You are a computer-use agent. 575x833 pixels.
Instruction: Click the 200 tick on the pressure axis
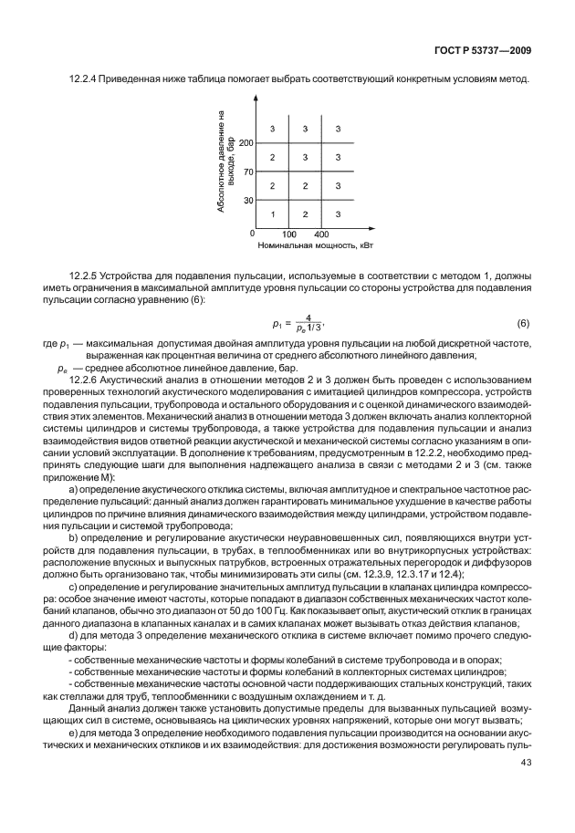(246, 143)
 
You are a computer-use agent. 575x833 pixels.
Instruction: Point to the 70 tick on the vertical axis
(248, 171)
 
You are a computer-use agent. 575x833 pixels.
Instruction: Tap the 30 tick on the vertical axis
(248, 199)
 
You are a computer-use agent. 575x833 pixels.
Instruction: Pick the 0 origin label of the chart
(251, 234)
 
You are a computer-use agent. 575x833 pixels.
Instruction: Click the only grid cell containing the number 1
(272, 213)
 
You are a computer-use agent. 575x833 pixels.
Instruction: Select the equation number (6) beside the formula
(523, 324)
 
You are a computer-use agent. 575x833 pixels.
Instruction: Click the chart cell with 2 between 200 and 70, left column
(272, 158)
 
